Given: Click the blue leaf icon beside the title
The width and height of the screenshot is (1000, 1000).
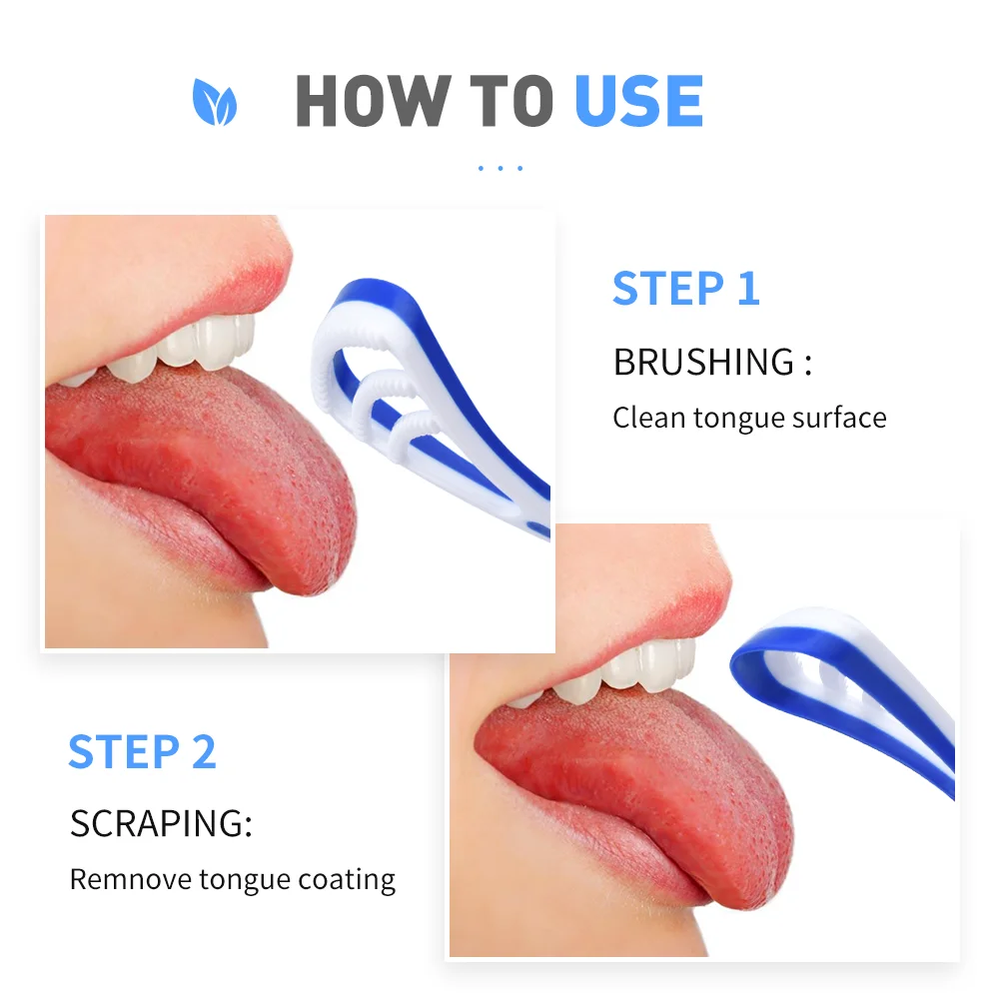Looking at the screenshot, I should click(x=215, y=103).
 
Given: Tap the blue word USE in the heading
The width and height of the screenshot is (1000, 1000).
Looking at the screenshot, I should click(x=639, y=102).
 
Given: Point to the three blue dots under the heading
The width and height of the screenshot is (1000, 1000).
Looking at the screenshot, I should click(x=500, y=168).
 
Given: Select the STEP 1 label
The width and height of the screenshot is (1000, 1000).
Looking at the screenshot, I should click(x=686, y=289).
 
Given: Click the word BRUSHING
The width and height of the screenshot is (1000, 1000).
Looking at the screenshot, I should click(x=704, y=362).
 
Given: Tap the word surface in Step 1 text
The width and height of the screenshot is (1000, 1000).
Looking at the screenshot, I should click(x=839, y=417).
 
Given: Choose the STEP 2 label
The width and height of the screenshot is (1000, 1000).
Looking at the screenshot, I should click(x=142, y=752).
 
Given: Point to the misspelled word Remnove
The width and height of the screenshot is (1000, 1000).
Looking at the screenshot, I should click(x=130, y=880).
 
